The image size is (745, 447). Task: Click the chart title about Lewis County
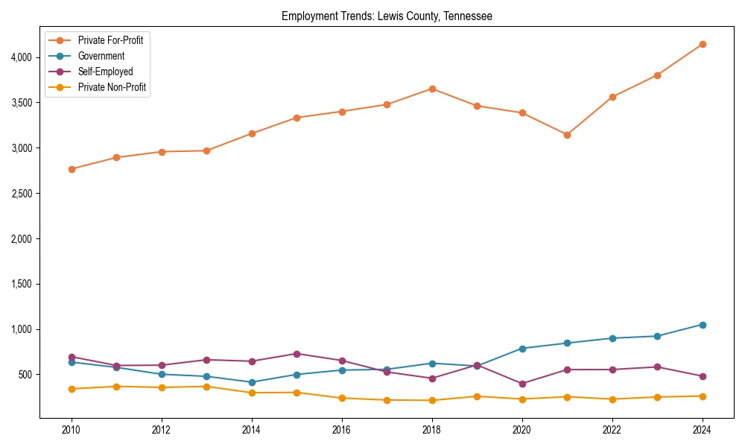click(387, 16)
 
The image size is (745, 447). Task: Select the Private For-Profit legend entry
click(110, 40)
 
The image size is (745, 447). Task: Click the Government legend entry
click(101, 56)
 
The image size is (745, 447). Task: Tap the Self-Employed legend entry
click(105, 72)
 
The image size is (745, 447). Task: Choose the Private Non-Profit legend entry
click(112, 87)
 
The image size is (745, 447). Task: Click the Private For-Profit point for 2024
click(703, 44)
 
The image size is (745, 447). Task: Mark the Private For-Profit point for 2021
click(567, 135)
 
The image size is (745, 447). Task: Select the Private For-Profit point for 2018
click(432, 89)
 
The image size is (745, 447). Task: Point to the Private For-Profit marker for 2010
click(72, 169)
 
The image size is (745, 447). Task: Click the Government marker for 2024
click(703, 325)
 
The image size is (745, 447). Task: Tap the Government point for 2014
click(252, 382)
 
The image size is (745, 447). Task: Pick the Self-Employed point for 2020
click(522, 384)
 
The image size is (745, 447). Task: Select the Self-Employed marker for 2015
click(297, 354)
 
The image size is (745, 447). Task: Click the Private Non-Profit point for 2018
click(432, 400)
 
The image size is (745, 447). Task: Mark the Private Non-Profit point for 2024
click(703, 396)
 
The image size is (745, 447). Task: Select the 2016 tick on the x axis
click(342, 430)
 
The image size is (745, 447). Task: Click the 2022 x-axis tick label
click(612, 430)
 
